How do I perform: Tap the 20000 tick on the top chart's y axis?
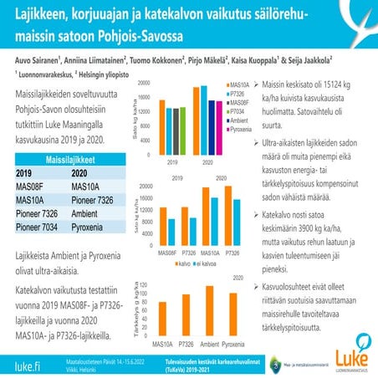coord(143,84)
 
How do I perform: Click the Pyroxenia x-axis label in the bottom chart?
coord(238,344)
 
